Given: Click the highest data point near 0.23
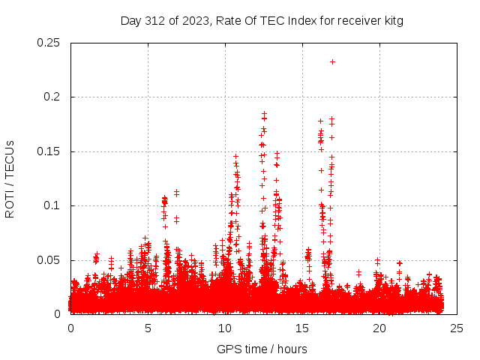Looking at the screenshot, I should point(332,61).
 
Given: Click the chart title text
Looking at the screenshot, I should point(262,21).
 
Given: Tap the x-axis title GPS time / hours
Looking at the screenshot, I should point(262,349).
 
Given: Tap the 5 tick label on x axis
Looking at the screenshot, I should point(148,328).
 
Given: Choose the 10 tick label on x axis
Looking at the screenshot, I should point(225,328).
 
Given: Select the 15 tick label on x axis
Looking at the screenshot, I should point(302,328).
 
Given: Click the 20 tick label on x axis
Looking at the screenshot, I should point(379,328).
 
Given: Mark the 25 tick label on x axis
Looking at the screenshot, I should point(457,328).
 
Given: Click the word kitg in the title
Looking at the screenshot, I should point(392,21).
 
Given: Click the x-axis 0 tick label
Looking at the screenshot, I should point(70,328).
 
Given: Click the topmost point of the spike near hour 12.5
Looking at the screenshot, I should point(264,113).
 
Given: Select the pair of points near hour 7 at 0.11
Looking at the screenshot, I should point(176,193).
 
